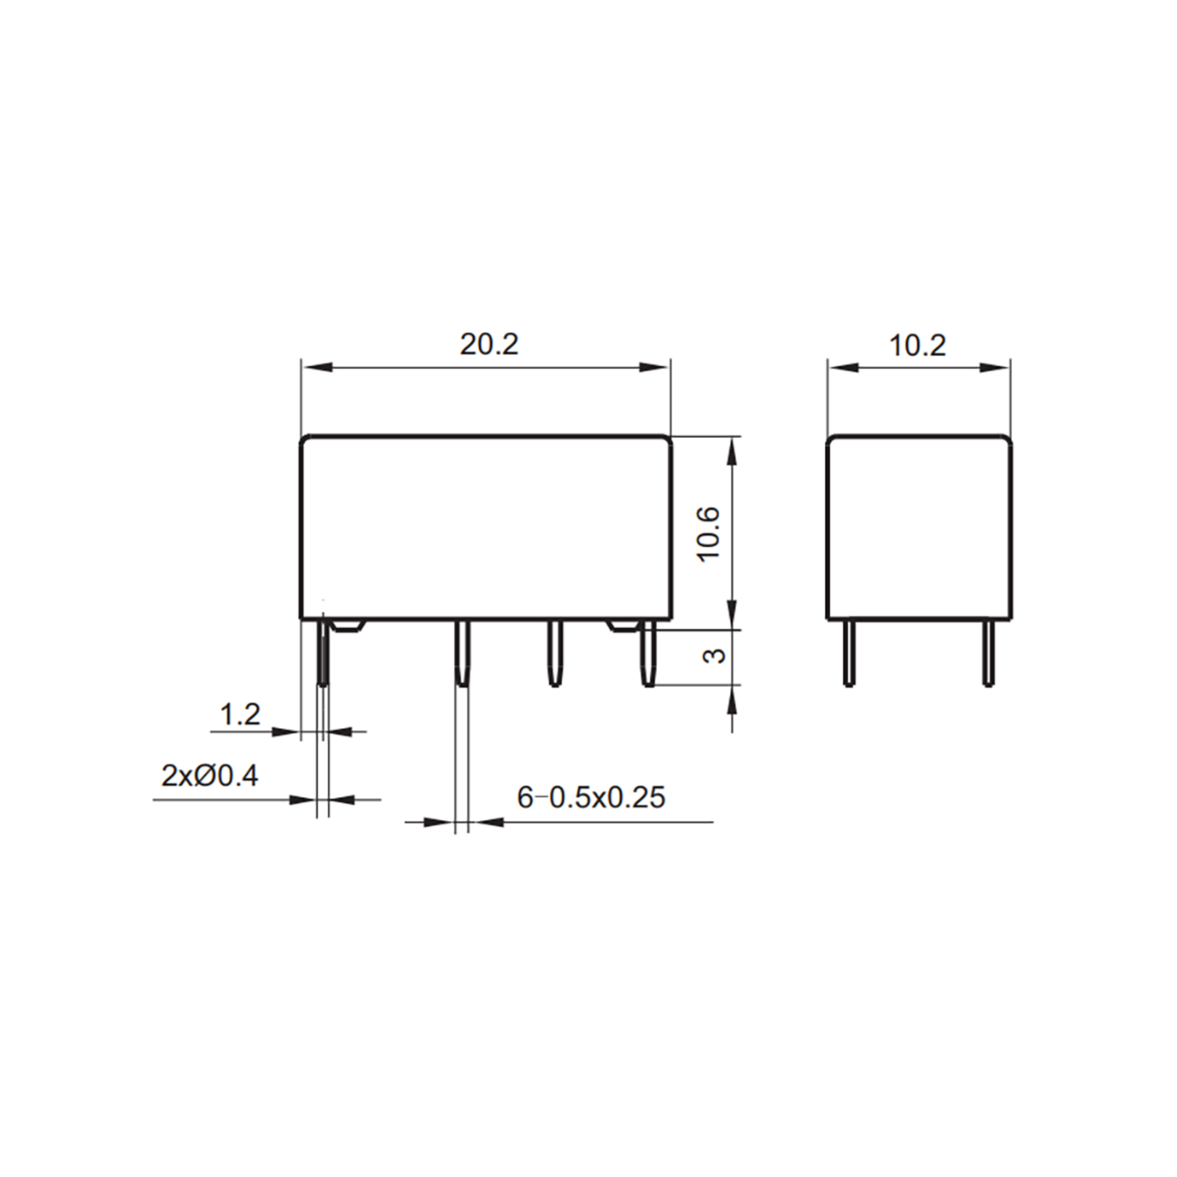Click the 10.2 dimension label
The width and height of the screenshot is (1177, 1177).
(x=918, y=346)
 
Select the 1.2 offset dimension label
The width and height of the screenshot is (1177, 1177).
(x=239, y=714)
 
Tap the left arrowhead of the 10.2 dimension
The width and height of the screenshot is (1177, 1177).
(x=843, y=367)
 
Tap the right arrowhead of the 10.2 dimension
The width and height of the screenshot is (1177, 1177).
(x=994, y=367)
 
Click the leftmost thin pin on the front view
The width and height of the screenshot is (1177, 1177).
(x=324, y=653)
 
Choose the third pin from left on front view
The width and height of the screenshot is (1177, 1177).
(x=554, y=653)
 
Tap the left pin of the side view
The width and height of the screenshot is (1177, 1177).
(x=848, y=652)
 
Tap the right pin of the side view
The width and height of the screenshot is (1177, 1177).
(x=989, y=652)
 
